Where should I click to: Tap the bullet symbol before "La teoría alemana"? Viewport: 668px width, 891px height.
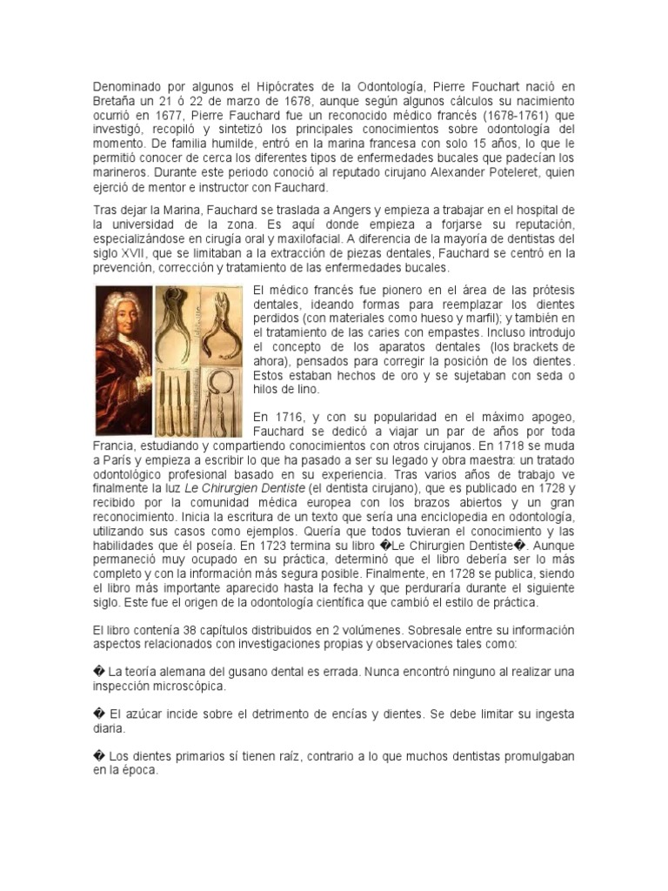[97, 673]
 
